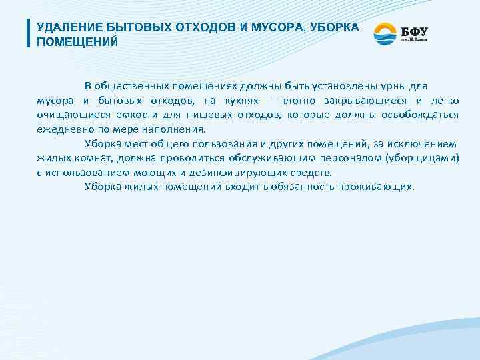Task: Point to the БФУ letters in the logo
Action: [x=414, y=30]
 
